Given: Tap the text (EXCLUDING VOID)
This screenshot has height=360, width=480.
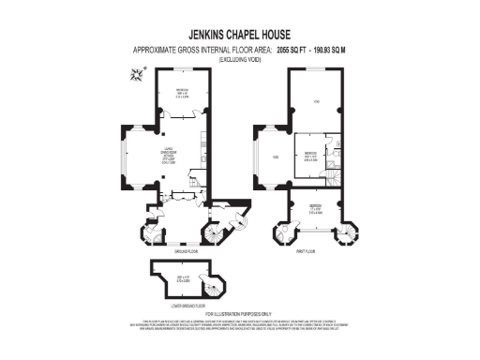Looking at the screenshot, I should (240, 59).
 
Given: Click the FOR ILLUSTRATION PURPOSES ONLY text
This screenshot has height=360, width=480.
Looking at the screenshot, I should (240, 314).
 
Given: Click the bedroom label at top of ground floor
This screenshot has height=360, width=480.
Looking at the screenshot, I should (184, 93).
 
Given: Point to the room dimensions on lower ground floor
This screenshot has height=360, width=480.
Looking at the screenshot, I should (184, 279).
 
